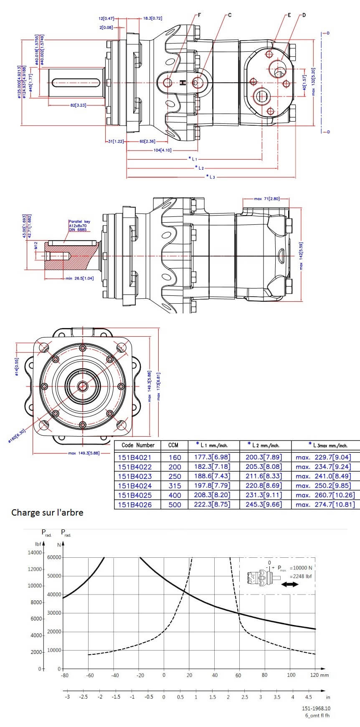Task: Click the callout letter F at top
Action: (200, 15)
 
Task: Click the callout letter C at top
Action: (230, 15)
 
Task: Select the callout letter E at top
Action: (289, 15)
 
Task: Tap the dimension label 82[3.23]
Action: (78, 105)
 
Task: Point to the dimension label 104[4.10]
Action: (162, 150)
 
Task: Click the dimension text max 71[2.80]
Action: (266, 199)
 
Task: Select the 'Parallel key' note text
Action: (79, 222)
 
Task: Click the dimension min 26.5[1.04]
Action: (79, 278)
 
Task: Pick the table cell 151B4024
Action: (134, 486)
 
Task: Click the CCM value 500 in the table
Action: (175, 505)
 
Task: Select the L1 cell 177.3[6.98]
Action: (212, 458)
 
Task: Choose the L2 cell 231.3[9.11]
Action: (264, 495)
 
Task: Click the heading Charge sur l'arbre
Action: (47, 512)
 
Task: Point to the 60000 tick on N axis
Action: (54, 557)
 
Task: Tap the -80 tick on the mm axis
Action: (64, 675)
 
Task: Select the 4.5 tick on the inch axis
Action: (308, 697)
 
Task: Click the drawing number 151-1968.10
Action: (316, 708)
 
